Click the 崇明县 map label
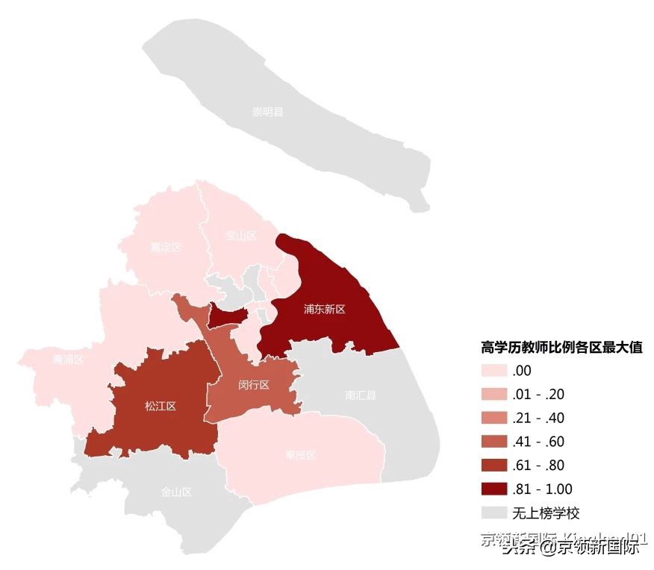click(268, 113)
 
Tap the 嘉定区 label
click(166, 248)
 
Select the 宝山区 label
click(240, 237)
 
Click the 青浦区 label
click(68, 360)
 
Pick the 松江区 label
click(160, 407)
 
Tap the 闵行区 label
click(254, 385)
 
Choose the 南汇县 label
click(361, 395)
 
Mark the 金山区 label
click(177, 492)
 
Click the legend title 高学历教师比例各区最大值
click(561, 347)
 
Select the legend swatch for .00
click(493, 371)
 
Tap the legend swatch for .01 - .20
click(493, 395)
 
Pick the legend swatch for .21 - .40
click(493, 418)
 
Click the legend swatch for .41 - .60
click(493, 442)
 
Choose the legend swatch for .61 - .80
click(493, 466)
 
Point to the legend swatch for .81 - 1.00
click(493, 489)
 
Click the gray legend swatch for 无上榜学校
click(493, 513)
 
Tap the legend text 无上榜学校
click(546, 513)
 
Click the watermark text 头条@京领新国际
click(570, 548)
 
